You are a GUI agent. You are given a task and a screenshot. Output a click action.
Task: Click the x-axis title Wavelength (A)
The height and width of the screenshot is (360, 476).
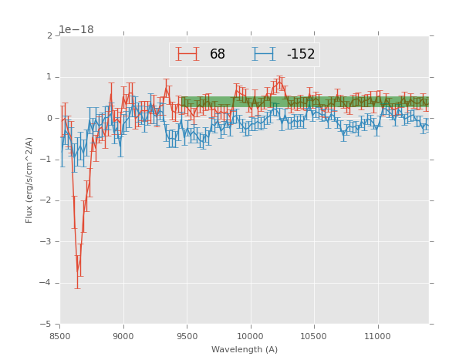pyautogui.click(x=245, y=349)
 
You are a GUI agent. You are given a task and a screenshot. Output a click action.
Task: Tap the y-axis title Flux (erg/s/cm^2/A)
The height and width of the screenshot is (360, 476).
pyautogui.click(x=29, y=180)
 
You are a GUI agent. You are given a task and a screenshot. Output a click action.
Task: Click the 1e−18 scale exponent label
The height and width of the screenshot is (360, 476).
pyautogui.click(x=76, y=30)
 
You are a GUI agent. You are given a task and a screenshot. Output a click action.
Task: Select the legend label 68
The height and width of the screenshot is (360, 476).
pyautogui.click(x=218, y=55)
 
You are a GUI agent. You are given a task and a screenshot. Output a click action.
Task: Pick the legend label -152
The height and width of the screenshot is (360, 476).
pyautogui.click(x=301, y=55)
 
